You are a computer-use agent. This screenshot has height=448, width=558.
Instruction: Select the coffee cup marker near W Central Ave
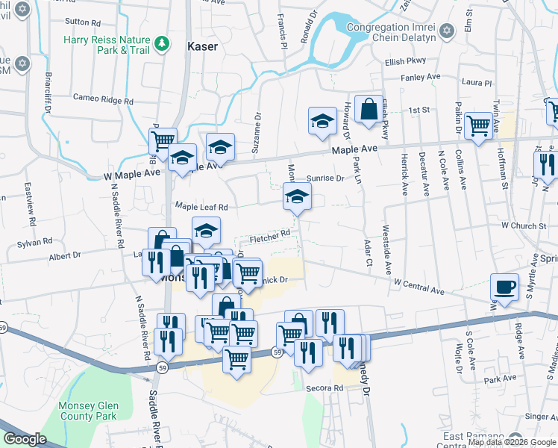click(505, 287)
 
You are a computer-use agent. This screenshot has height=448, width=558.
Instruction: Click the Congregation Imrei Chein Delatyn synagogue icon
click(446, 30)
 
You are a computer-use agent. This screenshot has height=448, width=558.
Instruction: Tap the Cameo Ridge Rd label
click(103, 99)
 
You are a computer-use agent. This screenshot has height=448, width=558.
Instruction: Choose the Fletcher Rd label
click(269, 236)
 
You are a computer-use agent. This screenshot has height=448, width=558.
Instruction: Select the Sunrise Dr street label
click(325, 178)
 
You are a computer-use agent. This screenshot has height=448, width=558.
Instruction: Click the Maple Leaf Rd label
click(201, 206)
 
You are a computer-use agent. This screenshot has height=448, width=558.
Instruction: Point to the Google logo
click(25, 439)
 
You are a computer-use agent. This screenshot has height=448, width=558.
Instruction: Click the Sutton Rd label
click(83, 22)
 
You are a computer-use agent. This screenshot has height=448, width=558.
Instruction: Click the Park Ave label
click(500, 379)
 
